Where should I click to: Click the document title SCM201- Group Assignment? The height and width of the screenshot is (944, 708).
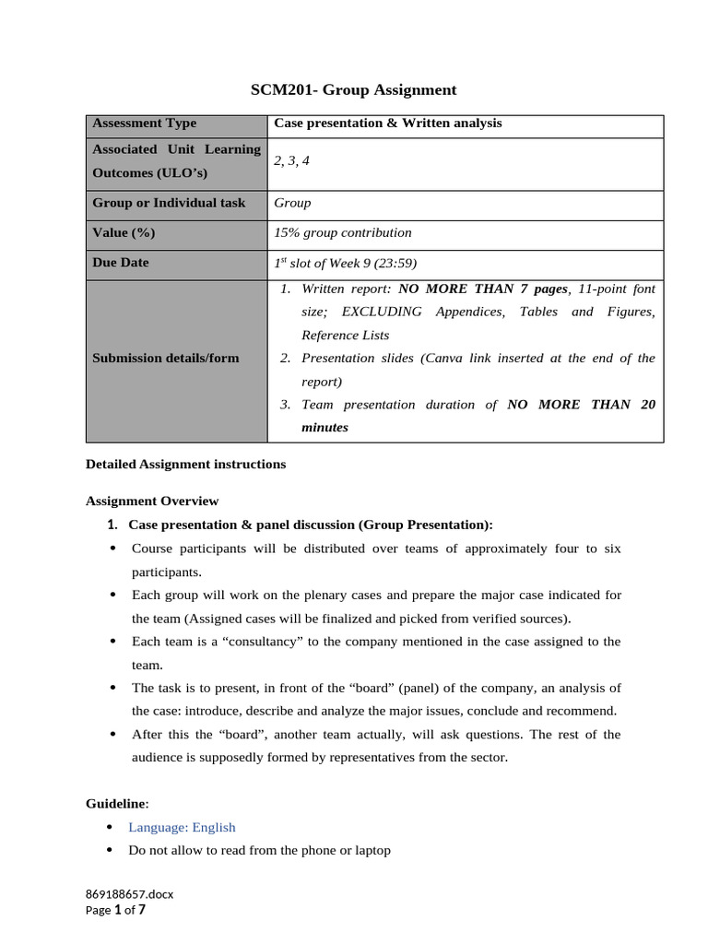pos(354,89)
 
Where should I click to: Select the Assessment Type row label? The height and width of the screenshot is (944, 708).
pos(144,124)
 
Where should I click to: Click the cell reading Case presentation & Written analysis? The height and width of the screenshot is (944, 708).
pos(388,124)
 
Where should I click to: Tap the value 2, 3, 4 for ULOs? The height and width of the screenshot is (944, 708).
pos(291,160)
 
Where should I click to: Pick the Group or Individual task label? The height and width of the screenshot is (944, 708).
pos(169,203)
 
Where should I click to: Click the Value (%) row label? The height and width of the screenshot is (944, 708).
pos(124,233)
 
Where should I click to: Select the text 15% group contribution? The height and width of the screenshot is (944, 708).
pos(343,233)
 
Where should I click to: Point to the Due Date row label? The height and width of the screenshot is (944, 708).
pos(121,263)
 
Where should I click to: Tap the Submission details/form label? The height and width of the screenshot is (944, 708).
pos(165,358)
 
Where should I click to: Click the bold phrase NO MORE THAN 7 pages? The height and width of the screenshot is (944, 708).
pos(483,289)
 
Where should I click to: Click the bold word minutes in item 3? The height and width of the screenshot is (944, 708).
pos(324,428)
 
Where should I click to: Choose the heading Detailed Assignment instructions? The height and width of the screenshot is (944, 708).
pos(185,465)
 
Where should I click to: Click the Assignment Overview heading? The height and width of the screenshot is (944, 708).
pos(152,501)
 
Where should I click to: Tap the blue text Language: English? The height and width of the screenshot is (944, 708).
pos(182,828)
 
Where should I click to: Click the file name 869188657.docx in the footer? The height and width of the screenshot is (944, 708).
pos(129,894)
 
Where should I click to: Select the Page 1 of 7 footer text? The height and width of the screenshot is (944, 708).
pos(115,910)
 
